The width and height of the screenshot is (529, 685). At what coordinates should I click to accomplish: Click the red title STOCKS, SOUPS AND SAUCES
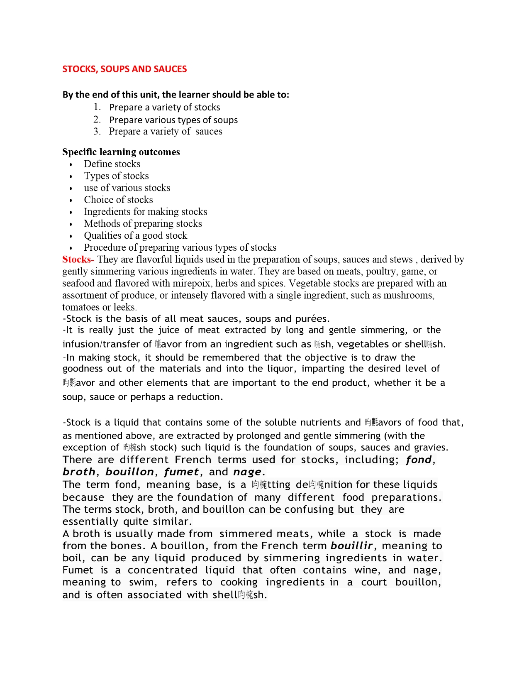pyautogui.click(x=124, y=69)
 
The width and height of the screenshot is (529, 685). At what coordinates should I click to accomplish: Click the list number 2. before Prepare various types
pyautogui.click(x=97, y=120)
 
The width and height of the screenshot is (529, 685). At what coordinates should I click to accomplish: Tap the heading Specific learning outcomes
pyautogui.click(x=121, y=152)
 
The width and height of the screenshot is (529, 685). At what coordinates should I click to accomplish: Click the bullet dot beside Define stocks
pyautogui.click(x=71, y=165)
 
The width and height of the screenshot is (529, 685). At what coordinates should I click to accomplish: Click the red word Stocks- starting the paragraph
pyautogui.click(x=78, y=259)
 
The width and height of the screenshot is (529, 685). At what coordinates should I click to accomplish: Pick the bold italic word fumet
pyautogui.click(x=181, y=472)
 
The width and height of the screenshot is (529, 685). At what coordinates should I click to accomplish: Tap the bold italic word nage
pyautogui.click(x=247, y=472)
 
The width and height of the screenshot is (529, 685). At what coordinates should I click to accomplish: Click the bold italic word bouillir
pyautogui.click(x=351, y=546)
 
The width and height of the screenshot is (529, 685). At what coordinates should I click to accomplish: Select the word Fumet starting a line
pyautogui.click(x=78, y=570)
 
